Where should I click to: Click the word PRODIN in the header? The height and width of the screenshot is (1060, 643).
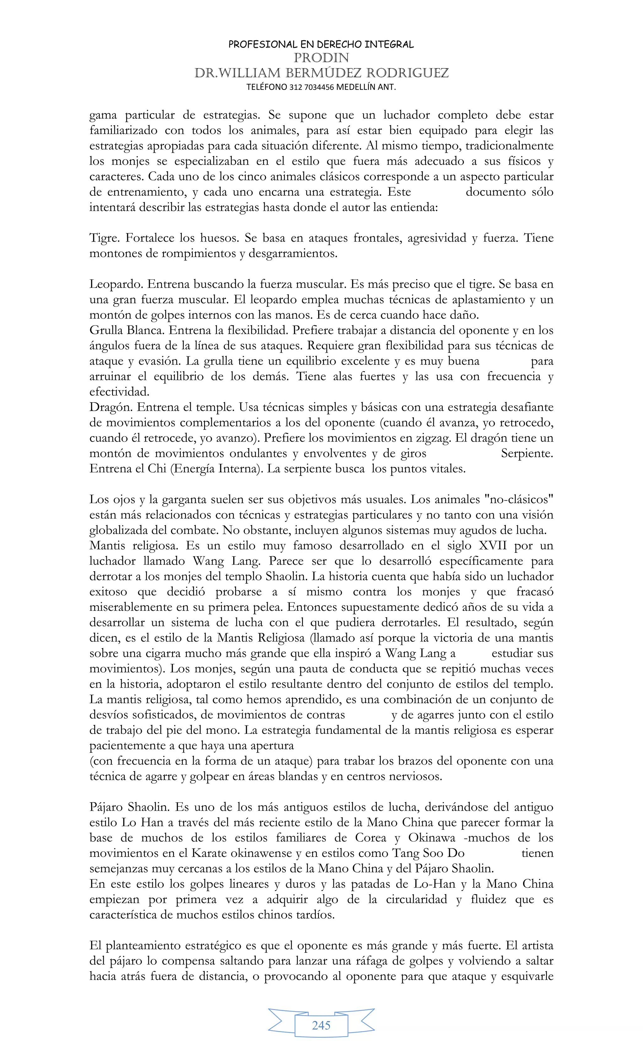click(321, 58)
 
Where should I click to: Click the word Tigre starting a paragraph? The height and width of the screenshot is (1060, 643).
click(103, 238)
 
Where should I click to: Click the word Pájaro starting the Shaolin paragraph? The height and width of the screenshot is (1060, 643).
click(107, 807)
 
